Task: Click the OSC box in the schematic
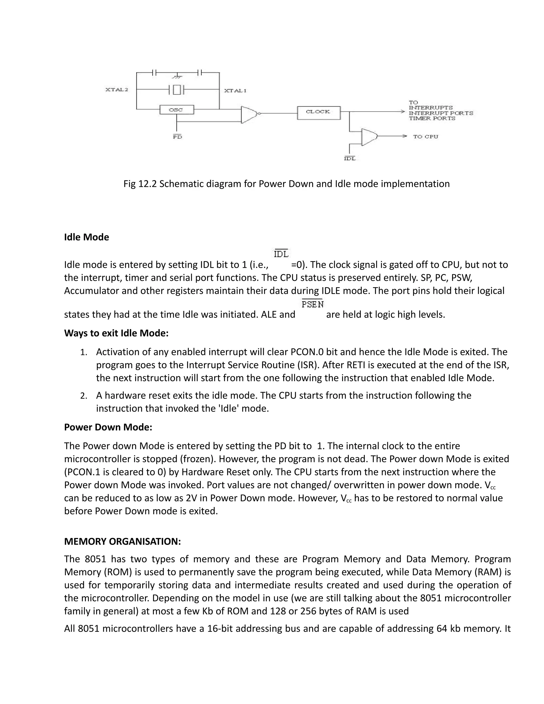177,110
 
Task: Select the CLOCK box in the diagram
318,112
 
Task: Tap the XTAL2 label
117,90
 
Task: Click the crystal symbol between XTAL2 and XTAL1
177,89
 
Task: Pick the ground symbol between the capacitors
177,77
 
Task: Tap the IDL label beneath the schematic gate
350,159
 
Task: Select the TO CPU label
426,137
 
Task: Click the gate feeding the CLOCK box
249,114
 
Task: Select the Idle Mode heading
86,237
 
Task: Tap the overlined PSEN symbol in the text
313,304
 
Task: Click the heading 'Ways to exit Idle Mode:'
116,333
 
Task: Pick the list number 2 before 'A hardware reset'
83,396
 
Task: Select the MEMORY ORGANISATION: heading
122,541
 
